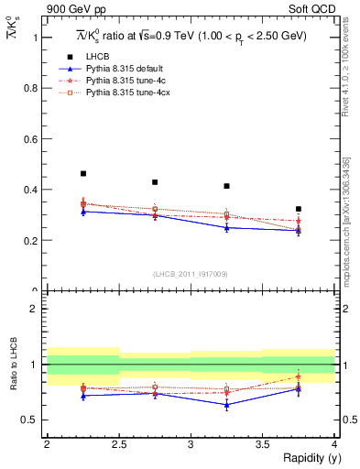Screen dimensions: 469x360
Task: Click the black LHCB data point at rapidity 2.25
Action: pyautogui.click(x=83, y=173)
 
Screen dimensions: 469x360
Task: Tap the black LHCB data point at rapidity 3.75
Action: pyautogui.click(x=299, y=209)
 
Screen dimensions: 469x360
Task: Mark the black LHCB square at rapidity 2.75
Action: pyautogui.click(x=155, y=182)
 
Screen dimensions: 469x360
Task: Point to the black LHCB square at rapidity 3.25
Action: pyautogui.click(x=227, y=186)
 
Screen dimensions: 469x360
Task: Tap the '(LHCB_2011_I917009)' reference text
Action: pyautogui.click(x=191, y=274)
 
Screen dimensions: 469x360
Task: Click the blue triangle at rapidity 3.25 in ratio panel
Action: pyautogui.click(x=227, y=404)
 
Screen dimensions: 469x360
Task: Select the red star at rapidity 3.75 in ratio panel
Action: pyautogui.click(x=299, y=376)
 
